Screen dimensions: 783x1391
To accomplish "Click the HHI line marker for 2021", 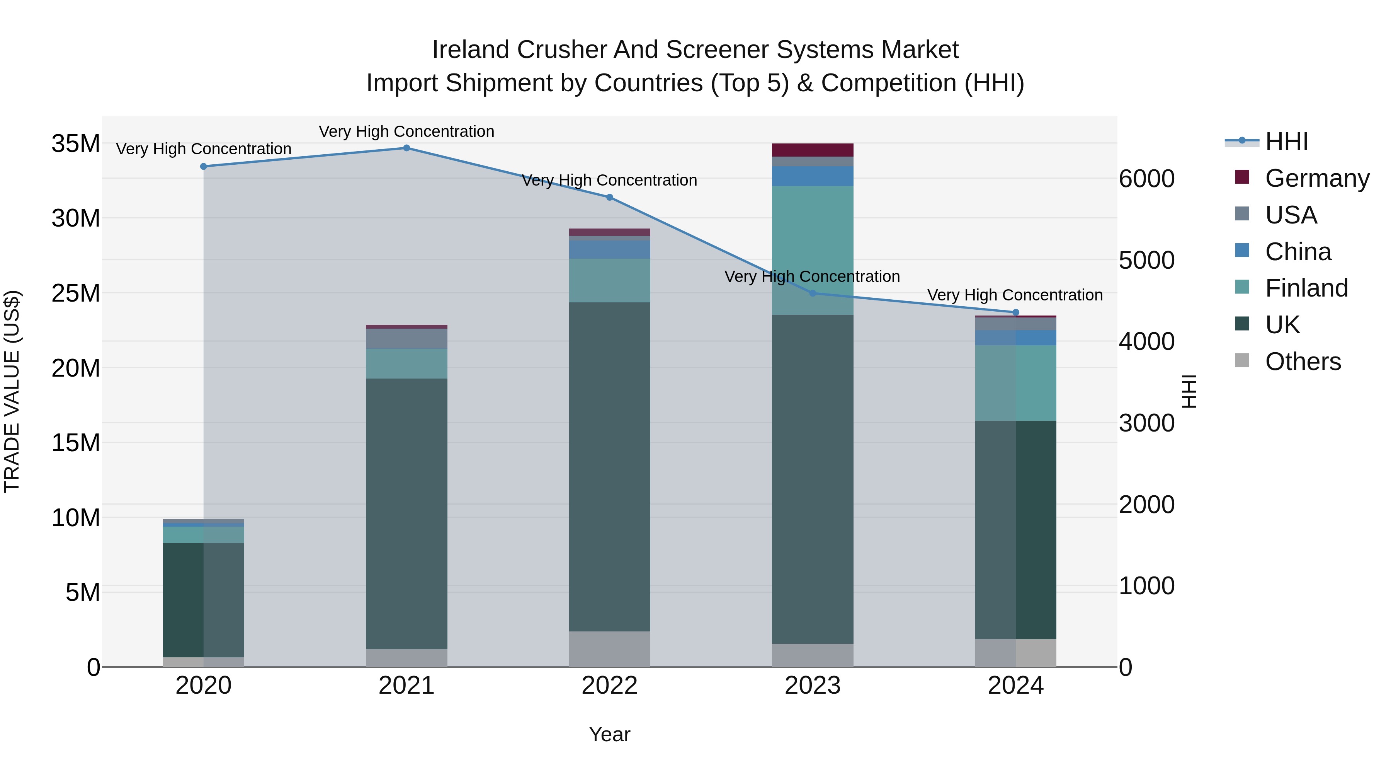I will click(406, 148).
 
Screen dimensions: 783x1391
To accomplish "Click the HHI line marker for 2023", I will click(813, 293).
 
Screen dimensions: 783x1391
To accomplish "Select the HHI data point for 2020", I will click(204, 166).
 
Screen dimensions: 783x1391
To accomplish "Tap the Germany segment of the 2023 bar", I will click(813, 150).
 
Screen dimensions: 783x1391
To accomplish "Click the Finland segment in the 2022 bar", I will click(610, 280).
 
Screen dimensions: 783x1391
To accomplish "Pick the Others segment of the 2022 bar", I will click(610, 648).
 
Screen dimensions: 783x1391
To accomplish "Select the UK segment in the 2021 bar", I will click(406, 513).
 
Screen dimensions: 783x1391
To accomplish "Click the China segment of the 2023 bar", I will click(813, 176).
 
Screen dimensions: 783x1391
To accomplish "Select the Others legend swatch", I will click(1242, 360).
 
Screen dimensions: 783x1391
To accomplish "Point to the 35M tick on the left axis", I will click(76, 144).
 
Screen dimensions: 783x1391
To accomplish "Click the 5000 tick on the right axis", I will click(1146, 261).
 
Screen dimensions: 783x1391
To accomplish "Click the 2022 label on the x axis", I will click(610, 686).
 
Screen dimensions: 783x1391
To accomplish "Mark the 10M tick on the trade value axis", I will click(76, 518).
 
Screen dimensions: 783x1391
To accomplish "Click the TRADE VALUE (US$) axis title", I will click(12, 391).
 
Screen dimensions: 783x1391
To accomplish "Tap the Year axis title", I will click(610, 734).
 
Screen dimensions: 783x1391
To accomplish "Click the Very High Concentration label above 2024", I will click(1015, 295).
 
